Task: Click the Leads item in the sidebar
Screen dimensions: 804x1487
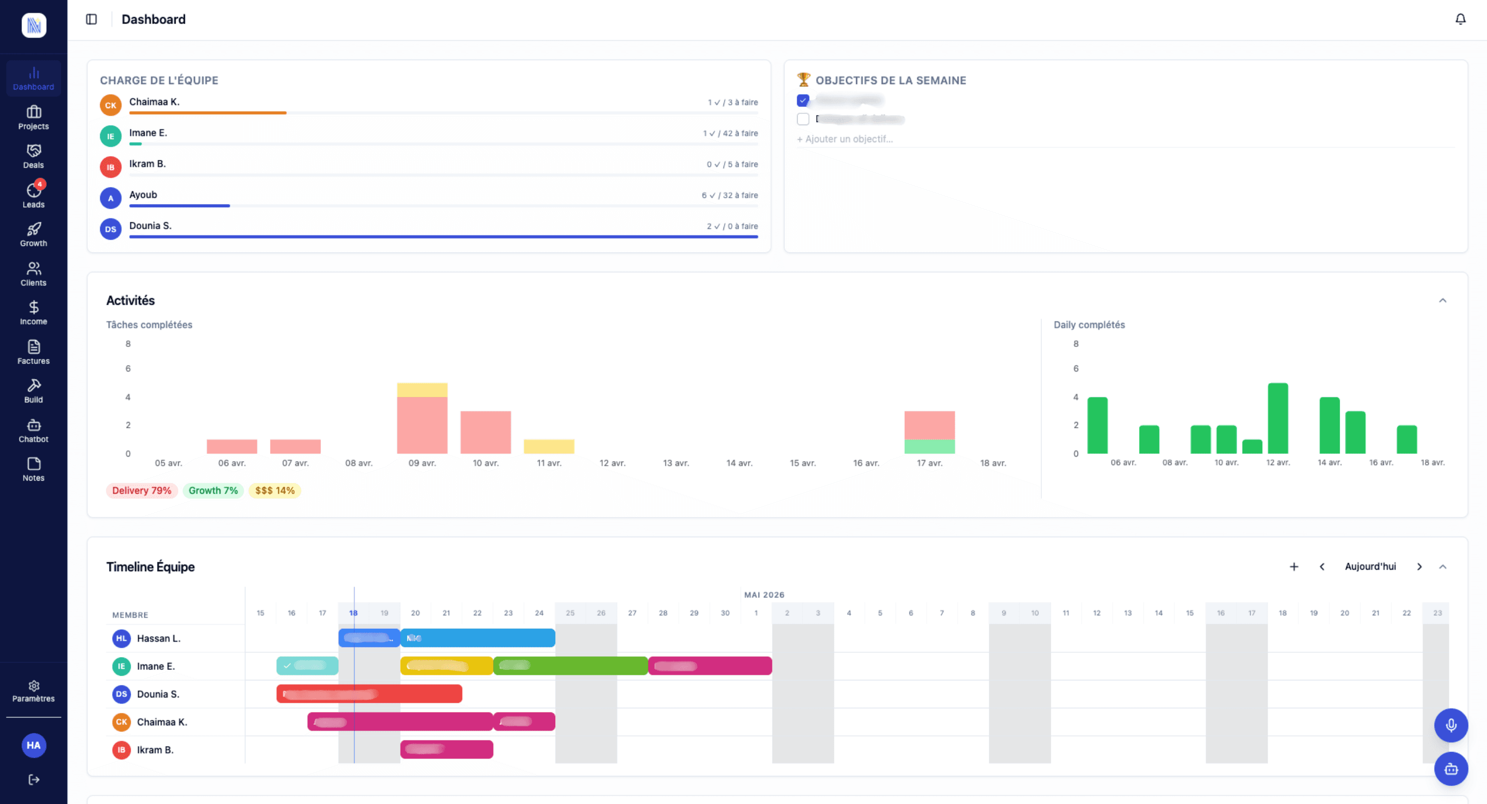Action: pyautogui.click(x=34, y=195)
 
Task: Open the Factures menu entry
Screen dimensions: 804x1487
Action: pyautogui.click(x=34, y=352)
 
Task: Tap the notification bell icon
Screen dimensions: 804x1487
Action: pyautogui.click(x=1460, y=19)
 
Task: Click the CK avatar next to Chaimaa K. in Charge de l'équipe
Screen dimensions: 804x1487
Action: pyautogui.click(x=110, y=105)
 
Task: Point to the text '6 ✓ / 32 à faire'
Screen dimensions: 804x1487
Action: pyautogui.click(x=729, y=195)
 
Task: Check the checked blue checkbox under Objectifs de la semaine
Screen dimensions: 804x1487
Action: pyautogui.click(x=803, y=101)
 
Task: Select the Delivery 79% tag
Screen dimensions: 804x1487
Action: pyautogui.click(x=141, y=490)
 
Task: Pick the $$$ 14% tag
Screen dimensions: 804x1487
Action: pyautogui.click(x=275, y=490)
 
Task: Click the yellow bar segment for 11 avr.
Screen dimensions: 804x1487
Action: pyautogui.click(x=548, y=446)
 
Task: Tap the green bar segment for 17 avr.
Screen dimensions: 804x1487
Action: pyautogui.click(x=929, y=446)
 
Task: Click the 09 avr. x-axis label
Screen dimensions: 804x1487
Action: pyautogui.click(x=422, y=463)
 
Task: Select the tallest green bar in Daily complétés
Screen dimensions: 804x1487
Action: pyautogui.click(x=1277, y=419)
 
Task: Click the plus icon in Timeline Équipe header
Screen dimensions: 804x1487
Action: pyautogui.click(x=1294, y=567)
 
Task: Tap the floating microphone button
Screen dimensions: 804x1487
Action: pyautogui.click(x=1450, y=725)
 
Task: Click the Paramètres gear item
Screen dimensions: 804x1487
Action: pyautogui.click(x=34, y=690)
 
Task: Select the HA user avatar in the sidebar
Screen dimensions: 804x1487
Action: pyautogui.click(x=34, y=745)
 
